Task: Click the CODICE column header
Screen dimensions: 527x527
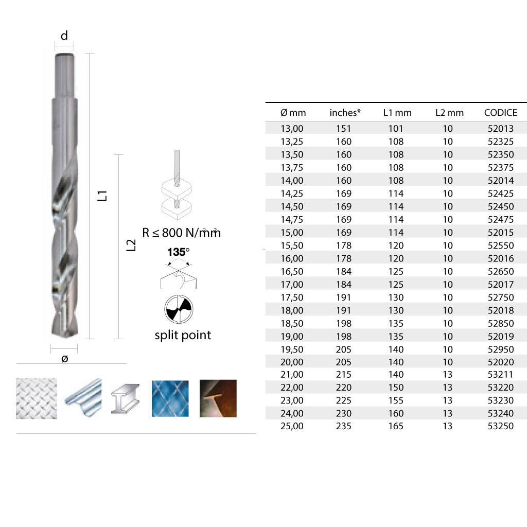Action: click(500, 113)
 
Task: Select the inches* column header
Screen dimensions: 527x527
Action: click(345, 113)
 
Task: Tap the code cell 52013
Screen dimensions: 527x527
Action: click(500, 128)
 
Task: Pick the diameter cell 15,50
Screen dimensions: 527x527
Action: click(292, 245)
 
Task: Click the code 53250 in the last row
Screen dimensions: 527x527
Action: click(500, 426)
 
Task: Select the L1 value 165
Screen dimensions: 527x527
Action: click(396, 426)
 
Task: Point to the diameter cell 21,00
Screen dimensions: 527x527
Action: click(292, 375)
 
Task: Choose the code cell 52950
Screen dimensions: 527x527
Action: click(500, 349)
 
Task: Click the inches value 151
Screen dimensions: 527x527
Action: click(343, 128)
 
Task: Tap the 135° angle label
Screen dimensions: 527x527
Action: click(179, 252)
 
